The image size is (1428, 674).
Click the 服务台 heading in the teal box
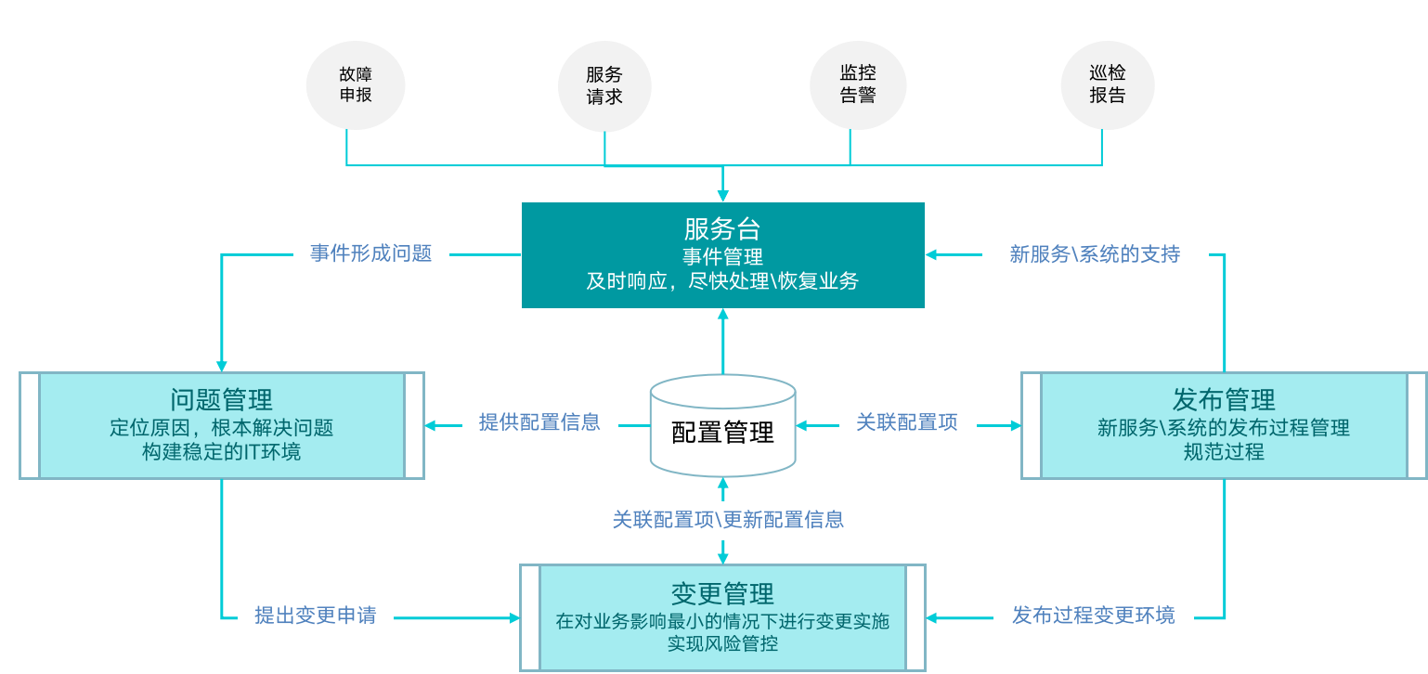point(722,229)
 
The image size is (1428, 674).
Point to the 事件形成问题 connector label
point(371,253)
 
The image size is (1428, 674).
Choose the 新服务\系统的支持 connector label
point(1095,253)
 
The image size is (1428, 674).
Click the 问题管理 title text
point(222,400)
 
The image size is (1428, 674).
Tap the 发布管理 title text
point(1224,400)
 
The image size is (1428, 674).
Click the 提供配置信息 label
point(539,422)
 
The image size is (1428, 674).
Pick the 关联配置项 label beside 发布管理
point(906,422)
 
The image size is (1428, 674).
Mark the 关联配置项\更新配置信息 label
point(728,520)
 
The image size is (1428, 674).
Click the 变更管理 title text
point(722,594)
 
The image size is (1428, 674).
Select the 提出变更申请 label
point(316,616)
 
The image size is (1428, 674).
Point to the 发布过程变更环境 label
point(1093,616)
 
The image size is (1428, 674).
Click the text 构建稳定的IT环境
point(221,453)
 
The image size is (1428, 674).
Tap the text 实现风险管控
point(722,643)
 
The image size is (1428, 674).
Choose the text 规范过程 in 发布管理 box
point(1224,453)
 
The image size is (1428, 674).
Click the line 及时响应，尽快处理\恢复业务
point(722,281)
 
